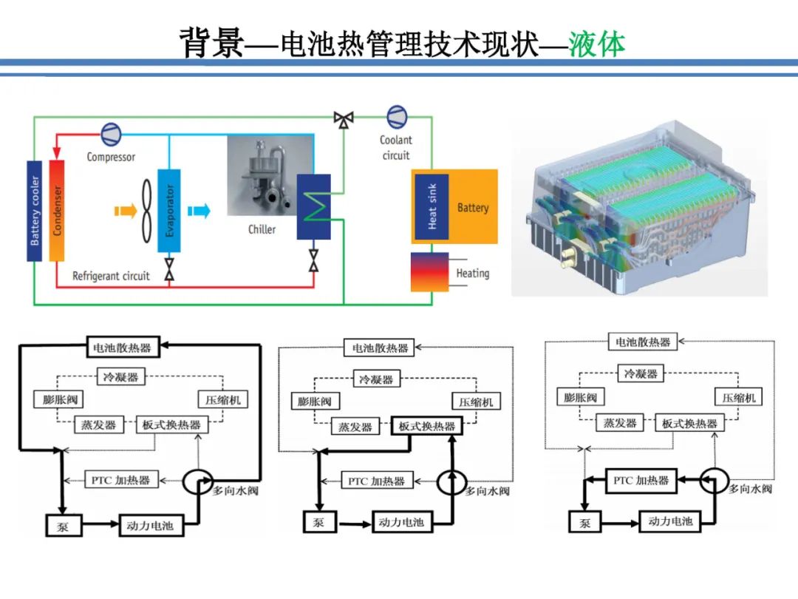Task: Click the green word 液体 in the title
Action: click(x=597, y=44)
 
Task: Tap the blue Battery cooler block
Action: click(x=35, y=210)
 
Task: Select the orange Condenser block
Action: click(x=57, y=210)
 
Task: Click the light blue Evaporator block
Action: click(x=169, y=211)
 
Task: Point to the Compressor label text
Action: click(x=111, y=157)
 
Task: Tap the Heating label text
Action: click(x=472, y=273)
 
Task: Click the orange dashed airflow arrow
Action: click(x=125, y=211)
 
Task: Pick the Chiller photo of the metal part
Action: click(x=260, y=177)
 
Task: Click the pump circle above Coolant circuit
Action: click(x=396, y=117)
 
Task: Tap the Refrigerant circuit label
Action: click(x=111, y=276)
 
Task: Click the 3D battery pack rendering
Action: click(x=640, y=211)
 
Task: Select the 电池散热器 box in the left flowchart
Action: click(x=120, y=346)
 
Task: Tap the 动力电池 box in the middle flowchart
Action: click(x=400, y=522)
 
